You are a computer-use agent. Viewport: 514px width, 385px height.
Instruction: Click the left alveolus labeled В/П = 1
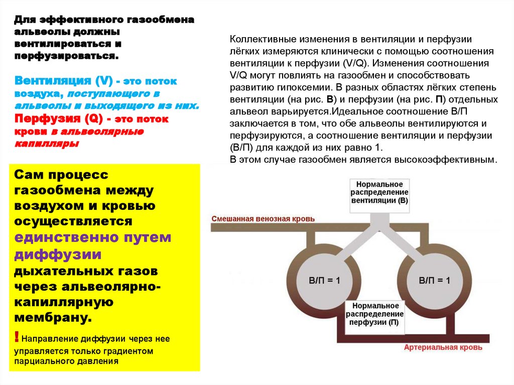click(x=324, y=280)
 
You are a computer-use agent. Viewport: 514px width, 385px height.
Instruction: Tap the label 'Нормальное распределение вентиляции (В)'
click(x=379, y=192)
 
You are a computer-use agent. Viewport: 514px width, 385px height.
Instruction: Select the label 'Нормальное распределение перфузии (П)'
click(x=375, y=314)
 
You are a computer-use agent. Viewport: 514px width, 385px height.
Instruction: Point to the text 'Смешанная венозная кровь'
click(x=264, y=219)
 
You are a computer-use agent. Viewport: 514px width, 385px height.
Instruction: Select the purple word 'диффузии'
click(x=58, y=254)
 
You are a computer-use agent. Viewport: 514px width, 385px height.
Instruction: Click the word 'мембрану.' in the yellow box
click(x=53, y=318)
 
